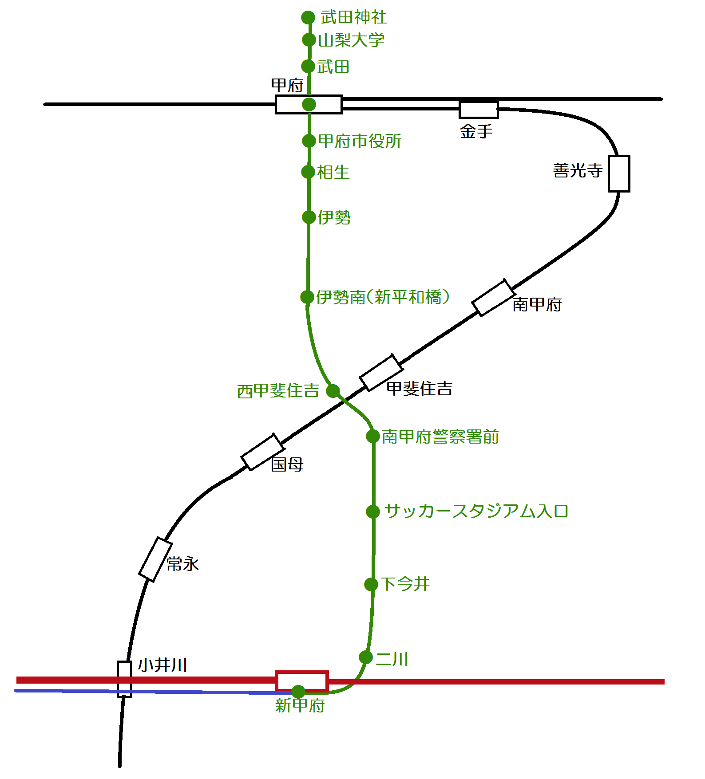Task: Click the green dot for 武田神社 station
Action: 308,18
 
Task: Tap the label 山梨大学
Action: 351,40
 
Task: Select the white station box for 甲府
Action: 309,105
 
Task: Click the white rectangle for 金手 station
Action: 479,110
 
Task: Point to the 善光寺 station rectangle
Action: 619,173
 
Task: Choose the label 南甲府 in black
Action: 537,305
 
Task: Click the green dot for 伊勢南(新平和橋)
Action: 307,297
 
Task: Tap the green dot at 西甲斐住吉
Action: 333,391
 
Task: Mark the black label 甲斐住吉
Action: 419,389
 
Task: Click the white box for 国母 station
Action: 262,452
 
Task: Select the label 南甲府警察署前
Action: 440,437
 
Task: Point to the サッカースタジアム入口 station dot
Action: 373,511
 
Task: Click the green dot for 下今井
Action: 371,584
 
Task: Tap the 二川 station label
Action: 392,659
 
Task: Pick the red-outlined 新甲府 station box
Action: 302,681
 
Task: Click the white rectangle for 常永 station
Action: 155,559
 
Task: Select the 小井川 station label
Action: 162,665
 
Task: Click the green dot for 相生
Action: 308,172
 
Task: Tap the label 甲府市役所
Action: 360,142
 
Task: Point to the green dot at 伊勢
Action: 309,217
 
